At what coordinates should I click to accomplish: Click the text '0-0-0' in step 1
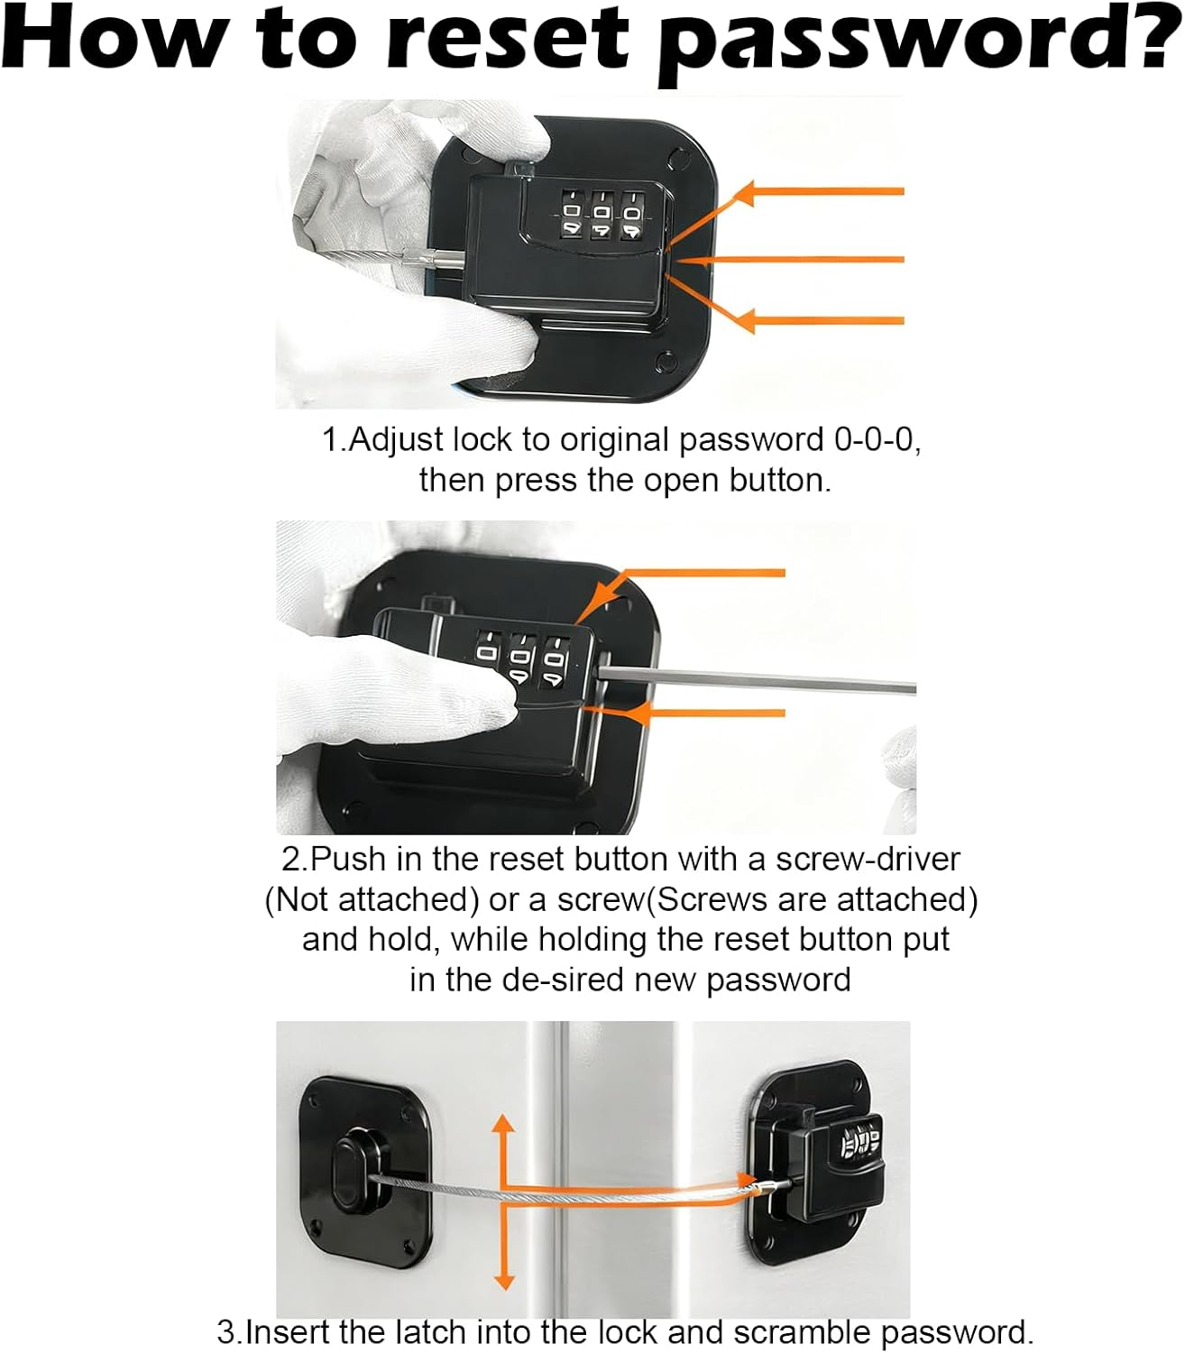click(874, 440)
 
